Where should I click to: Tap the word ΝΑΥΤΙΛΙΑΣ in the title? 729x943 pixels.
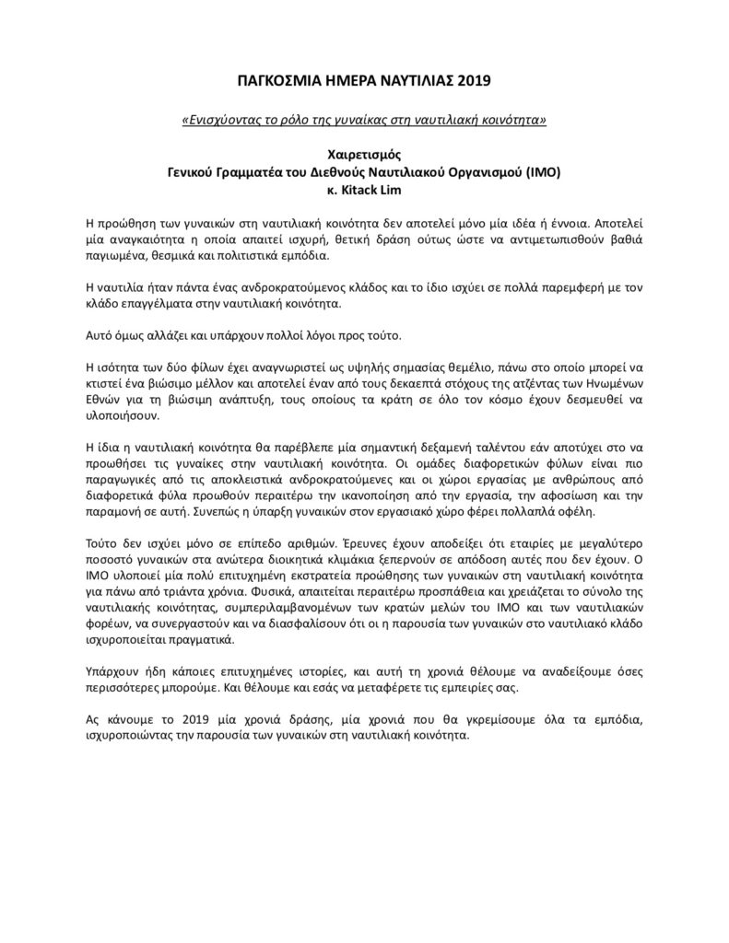(411, 81)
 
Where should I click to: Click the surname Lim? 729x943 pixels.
(389, 189)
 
